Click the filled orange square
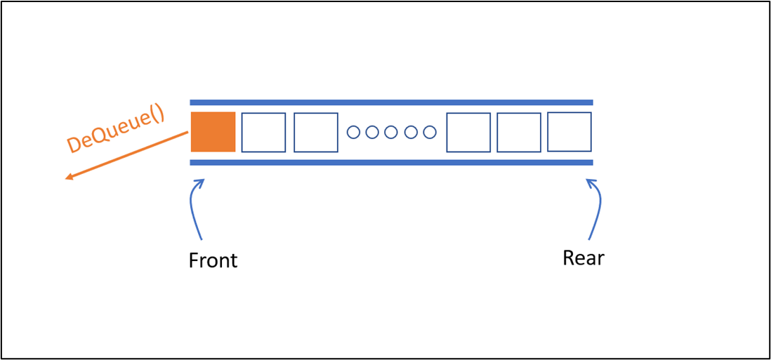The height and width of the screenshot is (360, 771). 213,132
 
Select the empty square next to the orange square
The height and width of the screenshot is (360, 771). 263,132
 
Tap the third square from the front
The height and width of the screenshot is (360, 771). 316,132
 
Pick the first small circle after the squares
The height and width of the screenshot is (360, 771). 353,132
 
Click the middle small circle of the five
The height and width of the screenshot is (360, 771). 391,132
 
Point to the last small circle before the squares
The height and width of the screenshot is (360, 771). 430,132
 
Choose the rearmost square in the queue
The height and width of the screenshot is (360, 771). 569,132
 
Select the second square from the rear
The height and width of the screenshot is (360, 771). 519,132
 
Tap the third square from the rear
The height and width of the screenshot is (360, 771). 468,132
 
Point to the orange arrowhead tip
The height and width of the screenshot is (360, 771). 65,179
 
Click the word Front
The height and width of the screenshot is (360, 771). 213,260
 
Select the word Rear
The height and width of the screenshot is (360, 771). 584,258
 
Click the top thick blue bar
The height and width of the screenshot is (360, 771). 391,102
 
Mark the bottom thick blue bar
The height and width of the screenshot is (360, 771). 391,163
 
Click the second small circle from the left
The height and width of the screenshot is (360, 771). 372,132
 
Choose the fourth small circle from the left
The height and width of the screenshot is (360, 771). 411,132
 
